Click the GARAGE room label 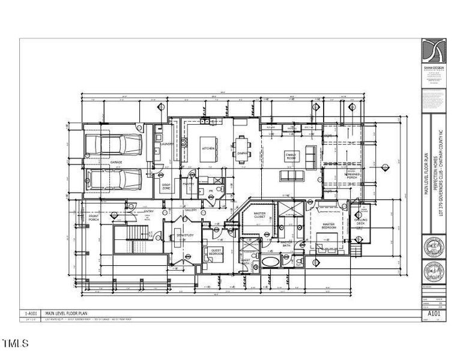click(x=116, y=163)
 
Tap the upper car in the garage click(x=114, y=145)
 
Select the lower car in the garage click(x=114, y=179)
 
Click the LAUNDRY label click(x=167, y=144)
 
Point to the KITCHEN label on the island click(x=208, y=148)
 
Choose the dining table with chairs click(x=242, y=146)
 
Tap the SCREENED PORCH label click(x=353, y=175)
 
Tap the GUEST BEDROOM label click(x=216, y=253)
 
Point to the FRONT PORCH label click(x=94, y=218)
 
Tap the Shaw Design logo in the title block click(x=434, y=52)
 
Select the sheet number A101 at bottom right click(x=434, y=313)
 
